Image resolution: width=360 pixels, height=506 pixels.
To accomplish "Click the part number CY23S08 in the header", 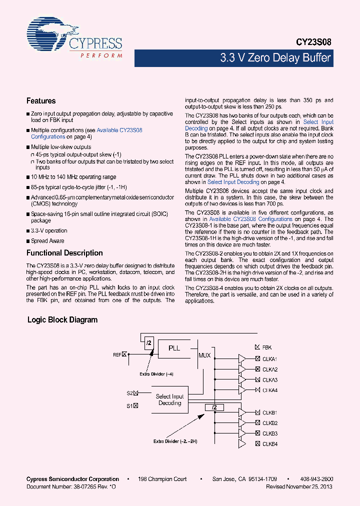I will (313, 43).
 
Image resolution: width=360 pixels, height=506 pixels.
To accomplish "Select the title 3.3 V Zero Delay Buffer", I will (275, 58).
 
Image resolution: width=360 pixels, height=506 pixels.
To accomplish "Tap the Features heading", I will (41, 101).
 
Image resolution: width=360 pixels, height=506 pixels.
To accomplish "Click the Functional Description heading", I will (64, 253).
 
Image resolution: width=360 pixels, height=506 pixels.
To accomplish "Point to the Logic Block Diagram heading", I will (62, 320).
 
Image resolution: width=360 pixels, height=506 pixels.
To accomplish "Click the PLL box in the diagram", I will (174, 348).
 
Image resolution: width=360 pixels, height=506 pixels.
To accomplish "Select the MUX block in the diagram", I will (204, 355).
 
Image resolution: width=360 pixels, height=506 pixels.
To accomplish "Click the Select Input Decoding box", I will (169, 399).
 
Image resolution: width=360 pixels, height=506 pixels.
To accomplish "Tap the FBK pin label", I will (266, 347).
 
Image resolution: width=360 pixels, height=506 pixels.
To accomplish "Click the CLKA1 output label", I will (269, 359).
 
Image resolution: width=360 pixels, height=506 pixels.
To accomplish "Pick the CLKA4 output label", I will (269, 390).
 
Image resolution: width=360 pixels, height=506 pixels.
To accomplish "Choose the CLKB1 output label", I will (269, 412).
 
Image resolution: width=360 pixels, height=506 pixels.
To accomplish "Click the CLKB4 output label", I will (269, 444).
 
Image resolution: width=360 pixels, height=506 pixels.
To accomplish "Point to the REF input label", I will (117, 354).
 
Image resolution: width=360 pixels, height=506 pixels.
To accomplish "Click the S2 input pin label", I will (129, 393).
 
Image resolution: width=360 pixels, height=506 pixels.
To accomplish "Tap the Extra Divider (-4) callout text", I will (157, 374).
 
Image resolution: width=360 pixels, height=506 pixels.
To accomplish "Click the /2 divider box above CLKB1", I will (214, 407).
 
